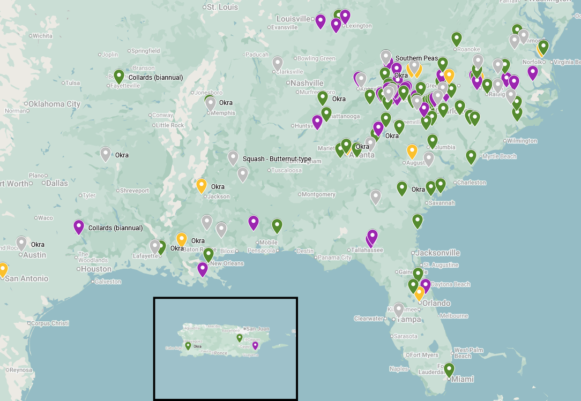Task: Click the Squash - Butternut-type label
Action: click(x=277, y=159)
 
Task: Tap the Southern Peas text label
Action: click(x=416, y=58)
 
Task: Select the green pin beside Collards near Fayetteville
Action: click(x=119, y=77)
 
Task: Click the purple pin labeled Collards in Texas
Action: click(x=79, y=227)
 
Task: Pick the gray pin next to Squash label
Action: click(x=233, y=158)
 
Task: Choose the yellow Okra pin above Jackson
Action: click(x=202, y=185)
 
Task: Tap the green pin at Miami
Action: click(x=449, y=369)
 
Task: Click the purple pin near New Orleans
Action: click(x=203, y=269)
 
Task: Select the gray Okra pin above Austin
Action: click(x=21, y=243)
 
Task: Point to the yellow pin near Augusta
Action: click(x=412, y=152)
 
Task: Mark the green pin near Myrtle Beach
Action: click(x=471, y=156)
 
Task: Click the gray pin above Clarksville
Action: click(x=277, y=63)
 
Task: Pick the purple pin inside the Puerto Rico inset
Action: click(x=255, y=345)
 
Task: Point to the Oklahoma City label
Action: click(x=54, y=104)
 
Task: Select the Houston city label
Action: click(x=96, y=269)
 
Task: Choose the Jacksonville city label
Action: click(x=437, y=253)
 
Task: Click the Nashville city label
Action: click(x=307, y=83)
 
